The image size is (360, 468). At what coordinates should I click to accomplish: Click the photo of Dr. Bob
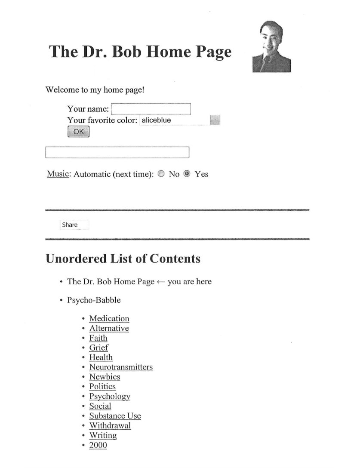[x=271, y=47]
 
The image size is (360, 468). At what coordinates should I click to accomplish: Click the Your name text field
[x=151, y=109]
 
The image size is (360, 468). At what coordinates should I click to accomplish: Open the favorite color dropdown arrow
[x=215, y=120]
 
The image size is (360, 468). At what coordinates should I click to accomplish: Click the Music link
[x=58, y=174]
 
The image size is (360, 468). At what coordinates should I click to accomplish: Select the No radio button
[x=161, y=174]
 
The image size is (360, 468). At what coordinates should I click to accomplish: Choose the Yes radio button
[x=187, y=174]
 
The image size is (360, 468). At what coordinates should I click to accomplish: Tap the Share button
[x=70, y=225]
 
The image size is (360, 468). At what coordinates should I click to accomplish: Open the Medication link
[x=109, y=319]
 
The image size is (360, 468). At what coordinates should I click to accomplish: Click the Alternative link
[x=109, y=329]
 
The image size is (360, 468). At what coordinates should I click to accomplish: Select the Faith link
[x=98, y=338]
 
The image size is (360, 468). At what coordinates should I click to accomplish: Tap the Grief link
[x=98, y=348]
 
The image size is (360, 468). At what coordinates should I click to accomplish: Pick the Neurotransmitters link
[x=121, y=367]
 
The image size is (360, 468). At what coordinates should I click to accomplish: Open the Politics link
[x=102, y=387]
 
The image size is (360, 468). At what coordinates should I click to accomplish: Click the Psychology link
[x=110, y=396]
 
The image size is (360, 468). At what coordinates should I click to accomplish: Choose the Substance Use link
[x=115, y=416]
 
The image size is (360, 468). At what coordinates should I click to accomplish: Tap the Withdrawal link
[x=110, y=425]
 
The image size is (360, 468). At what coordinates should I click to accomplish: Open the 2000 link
[x=98, y=445]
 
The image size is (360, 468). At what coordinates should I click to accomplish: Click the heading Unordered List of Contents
[x=123, y=259]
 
